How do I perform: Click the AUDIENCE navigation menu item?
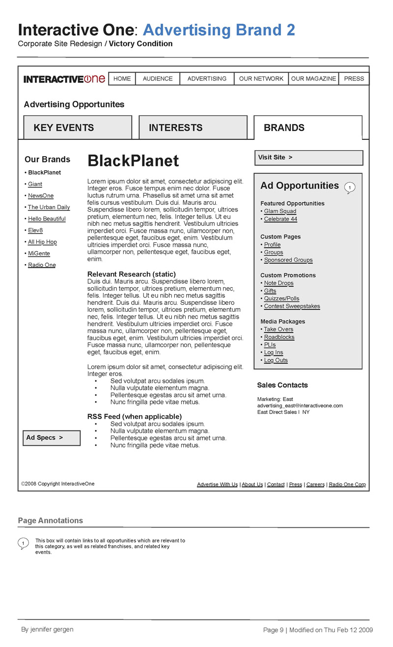[x=158, y=79]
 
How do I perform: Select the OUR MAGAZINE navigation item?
[x=313, y=79]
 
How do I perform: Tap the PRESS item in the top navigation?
[x=354, y=79]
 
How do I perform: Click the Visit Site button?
[x=309, y=158]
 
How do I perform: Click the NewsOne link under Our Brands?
[x=41, y=196]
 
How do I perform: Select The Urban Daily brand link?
[x=49, y=207]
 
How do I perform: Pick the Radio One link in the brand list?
[x=42, y=265]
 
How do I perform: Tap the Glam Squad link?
[x=280, y=212]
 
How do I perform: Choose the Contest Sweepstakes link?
[x=292, y=306]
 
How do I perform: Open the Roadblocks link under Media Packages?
[x=279, y=337]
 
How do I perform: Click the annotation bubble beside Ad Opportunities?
[x=349, y=188]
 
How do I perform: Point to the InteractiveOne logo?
[x=64, y=79]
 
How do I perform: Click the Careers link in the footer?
[x=315, y=485]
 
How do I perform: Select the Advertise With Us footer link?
[x=217, y=485]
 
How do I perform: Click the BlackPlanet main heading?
[x=133, y=161]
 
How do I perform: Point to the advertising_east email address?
[x=300, y=405]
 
